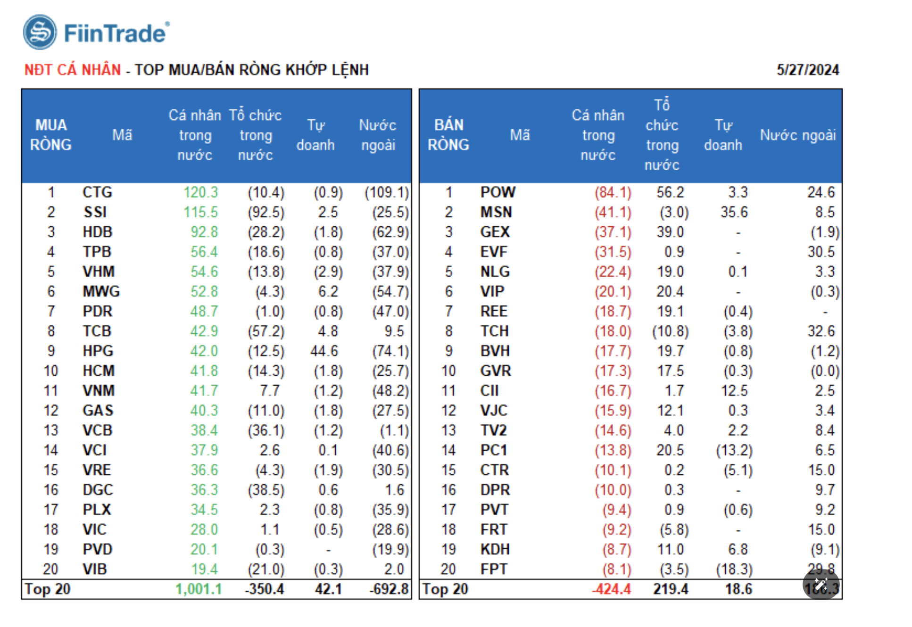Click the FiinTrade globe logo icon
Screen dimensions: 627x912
40,32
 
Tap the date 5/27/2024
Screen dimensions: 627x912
807,70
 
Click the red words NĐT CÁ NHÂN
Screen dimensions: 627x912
73,70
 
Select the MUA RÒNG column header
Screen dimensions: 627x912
51,135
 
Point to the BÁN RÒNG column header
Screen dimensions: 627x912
448,135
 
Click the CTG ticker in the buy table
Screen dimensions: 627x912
97,192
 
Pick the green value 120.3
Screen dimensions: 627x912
201,192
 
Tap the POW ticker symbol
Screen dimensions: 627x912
498,192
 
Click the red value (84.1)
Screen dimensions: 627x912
613,192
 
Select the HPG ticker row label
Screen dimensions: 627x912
98,351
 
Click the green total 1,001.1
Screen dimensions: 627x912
199,589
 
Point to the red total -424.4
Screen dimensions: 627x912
612,589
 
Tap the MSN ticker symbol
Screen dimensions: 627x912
496,212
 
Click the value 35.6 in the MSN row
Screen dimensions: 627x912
734,212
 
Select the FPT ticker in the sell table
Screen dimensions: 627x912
494,569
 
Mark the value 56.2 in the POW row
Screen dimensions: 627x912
670,192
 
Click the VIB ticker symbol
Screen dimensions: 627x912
95,569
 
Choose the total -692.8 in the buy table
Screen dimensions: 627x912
389,589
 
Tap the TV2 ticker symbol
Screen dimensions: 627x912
494,430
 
